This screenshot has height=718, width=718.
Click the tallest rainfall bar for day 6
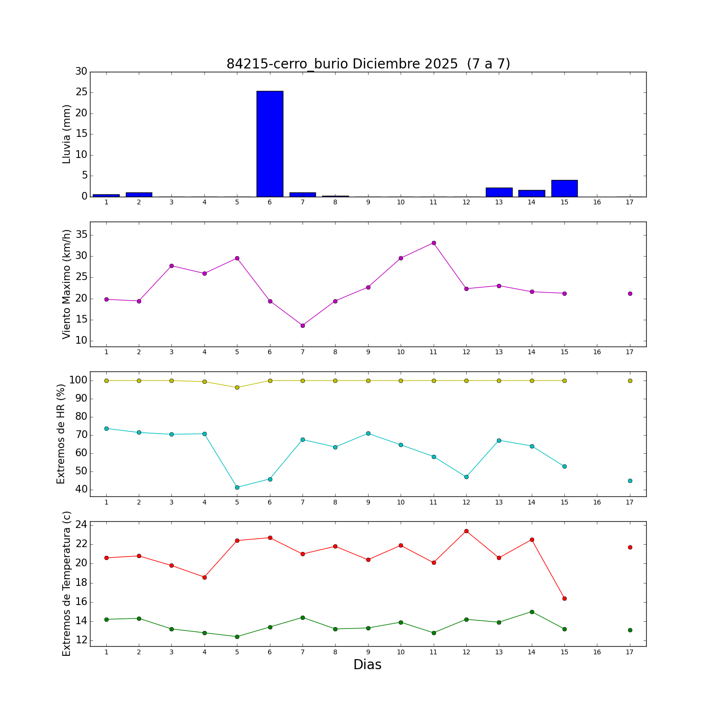point(270,144)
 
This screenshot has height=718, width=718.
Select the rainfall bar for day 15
point(564,189)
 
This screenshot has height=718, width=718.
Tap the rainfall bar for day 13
point(499,192)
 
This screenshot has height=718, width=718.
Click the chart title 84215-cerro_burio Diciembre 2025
point(368,64)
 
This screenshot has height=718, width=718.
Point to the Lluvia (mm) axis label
point(67,134)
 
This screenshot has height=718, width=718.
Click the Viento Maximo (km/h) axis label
point(67,284)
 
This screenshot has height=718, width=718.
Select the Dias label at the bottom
point(367,664)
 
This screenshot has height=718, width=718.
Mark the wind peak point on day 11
point(434,243)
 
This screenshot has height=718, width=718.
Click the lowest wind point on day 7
point(303,325)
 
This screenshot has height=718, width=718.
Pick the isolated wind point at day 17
point(630,293)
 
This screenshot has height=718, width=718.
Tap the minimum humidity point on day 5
point(237,487)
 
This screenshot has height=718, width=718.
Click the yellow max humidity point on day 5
point(237,387)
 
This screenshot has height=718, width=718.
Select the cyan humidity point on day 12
point(466,477)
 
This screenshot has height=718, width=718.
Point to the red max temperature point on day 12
point(466,531)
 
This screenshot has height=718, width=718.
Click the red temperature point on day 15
point(564,598)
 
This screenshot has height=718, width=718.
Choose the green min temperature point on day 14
point(532,612)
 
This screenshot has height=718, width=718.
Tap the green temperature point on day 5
point(237,637)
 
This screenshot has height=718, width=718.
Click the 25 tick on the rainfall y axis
point(81,92)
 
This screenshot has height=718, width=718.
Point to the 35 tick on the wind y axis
point(81,235)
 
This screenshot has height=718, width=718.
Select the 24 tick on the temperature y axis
point(81,525)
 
